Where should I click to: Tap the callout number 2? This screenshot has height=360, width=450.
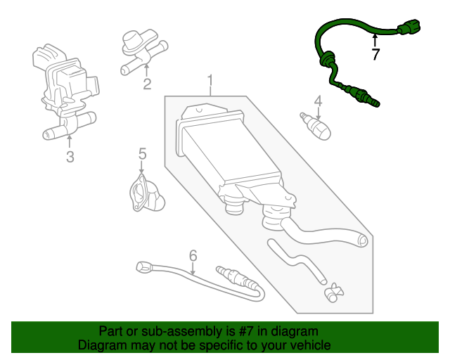(x=147, y=85)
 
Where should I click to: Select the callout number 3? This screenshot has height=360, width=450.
(x=70, y=157)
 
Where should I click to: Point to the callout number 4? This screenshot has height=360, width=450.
(x=318, y=101)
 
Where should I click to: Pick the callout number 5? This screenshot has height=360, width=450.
(x=141, y=153)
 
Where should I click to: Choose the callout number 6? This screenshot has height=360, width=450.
(x=193, y=255)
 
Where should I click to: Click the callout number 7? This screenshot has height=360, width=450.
(x=375, y=53)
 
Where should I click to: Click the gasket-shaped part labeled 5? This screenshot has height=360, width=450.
(x=145, y=194)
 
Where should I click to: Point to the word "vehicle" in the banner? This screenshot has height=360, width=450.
(x=307, y=345)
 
